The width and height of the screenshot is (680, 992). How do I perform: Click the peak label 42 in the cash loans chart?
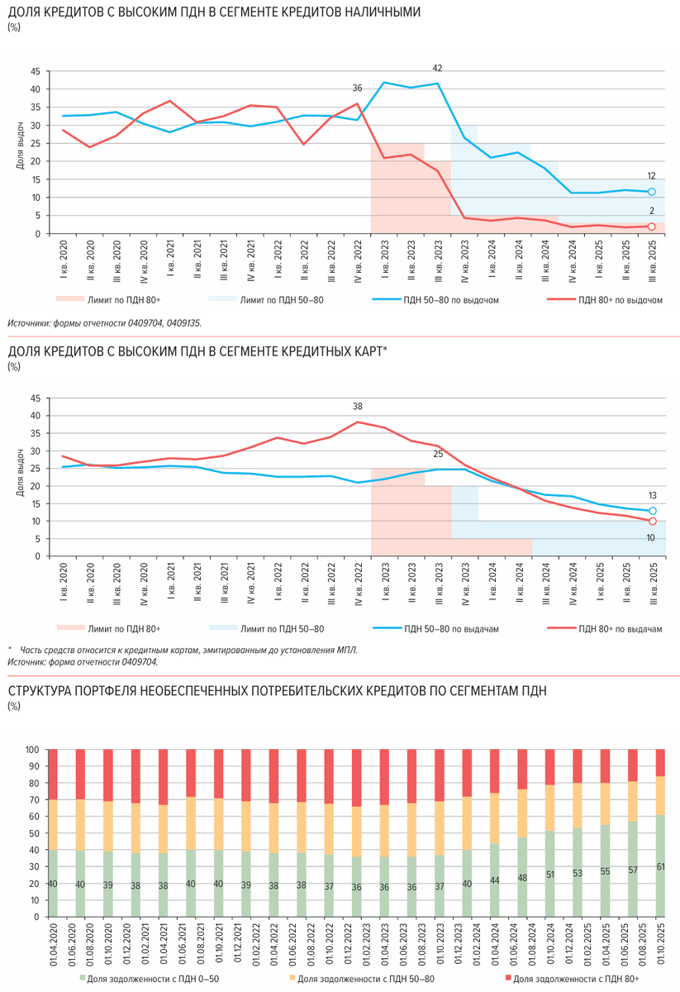point(437,68)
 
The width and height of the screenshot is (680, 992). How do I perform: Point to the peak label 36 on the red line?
point(357,88)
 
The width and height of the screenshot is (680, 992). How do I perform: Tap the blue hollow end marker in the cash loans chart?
point(652,192)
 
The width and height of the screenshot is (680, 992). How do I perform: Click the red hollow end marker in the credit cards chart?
point(652,522)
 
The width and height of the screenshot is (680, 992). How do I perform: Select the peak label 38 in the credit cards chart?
point(357,406)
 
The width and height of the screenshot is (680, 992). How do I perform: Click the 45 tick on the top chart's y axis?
point(36,71)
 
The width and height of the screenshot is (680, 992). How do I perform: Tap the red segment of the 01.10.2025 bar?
point(660,762)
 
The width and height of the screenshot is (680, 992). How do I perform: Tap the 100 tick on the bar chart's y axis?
point(33,750)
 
